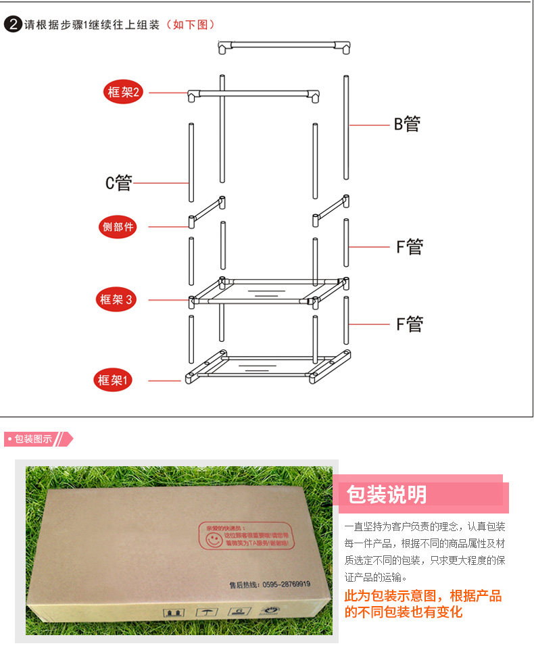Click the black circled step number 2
click(12, 25)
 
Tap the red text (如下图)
click(191, 25)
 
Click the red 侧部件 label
click(118, 227)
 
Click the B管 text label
click(407, 124)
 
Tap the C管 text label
click(118, 183)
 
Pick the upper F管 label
click(409, 247)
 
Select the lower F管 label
click(409, 324)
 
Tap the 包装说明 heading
click(387, 495)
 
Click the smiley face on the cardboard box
click(213, 541)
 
